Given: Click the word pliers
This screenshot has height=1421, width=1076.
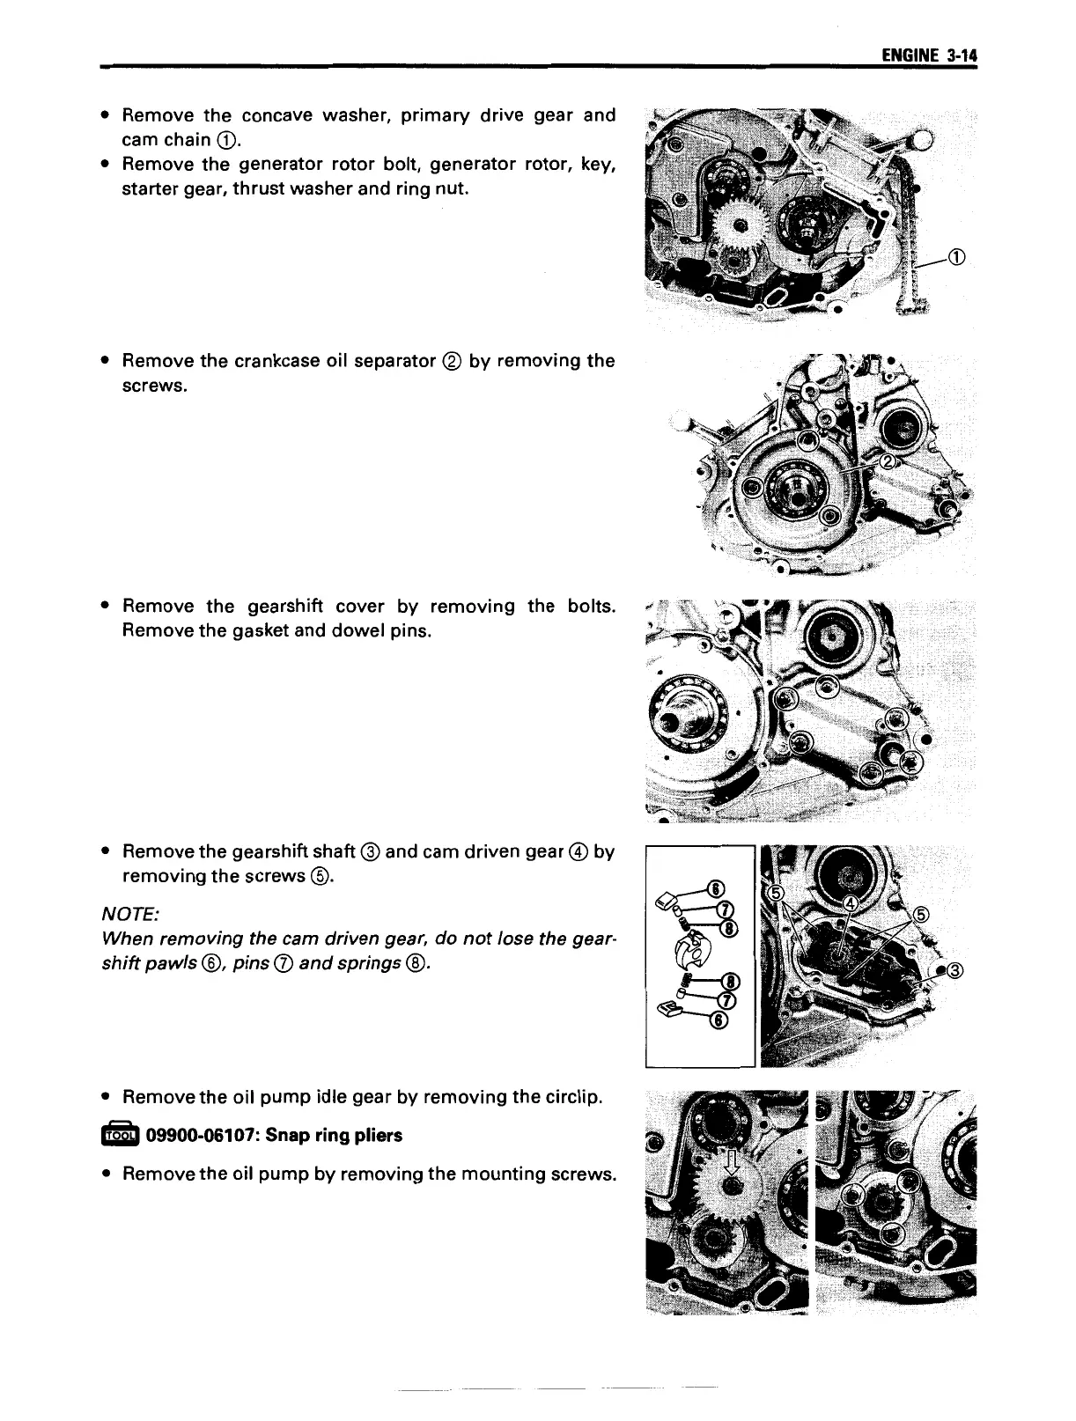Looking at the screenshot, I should click(373, 1136).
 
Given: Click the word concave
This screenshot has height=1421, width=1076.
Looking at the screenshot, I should click(276, 115).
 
